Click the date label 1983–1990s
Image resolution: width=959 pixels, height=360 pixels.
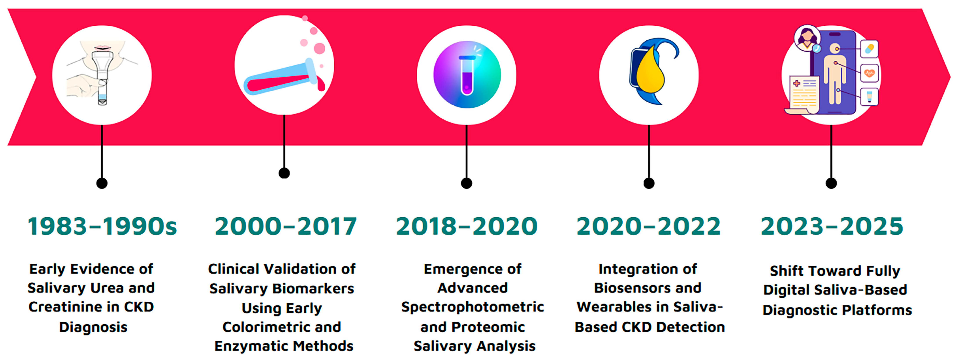102,226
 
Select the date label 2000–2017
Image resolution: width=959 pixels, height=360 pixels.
286,226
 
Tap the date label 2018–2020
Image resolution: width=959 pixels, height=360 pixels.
467,226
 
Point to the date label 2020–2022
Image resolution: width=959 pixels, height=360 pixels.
649,226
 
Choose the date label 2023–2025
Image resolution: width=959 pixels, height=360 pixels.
832,226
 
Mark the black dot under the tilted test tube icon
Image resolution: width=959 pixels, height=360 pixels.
284,173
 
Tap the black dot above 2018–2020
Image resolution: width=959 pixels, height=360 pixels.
467,183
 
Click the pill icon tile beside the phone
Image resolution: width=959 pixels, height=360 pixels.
869,49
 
